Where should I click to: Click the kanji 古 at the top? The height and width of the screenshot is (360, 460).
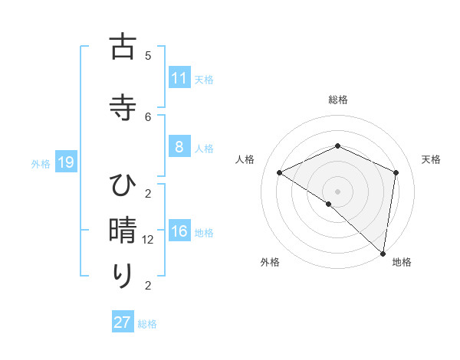tap(123, 47)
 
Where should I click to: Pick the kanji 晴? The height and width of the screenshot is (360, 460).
tap(123, 231)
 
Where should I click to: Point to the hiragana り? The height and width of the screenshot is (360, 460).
tap(123, 276)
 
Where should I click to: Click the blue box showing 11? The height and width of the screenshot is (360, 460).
tap(179, 77)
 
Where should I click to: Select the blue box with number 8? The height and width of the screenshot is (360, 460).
tap(179, 148)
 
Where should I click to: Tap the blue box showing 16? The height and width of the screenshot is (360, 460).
tap(179, 232)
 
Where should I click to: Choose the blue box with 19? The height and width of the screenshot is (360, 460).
tap(65, 162)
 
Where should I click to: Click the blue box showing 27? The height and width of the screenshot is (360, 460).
tap(122, 322)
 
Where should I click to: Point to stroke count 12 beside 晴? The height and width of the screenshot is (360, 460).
tap(149, 240)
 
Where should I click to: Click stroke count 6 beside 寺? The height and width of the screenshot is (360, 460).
tap(149, 116)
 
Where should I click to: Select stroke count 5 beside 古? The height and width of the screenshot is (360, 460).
tap(149, 55)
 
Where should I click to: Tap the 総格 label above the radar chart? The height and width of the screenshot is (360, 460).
tap(337, 100)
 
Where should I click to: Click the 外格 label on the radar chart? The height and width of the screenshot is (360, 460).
tap(270, 262)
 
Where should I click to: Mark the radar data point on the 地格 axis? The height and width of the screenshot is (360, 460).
tap(383, 253)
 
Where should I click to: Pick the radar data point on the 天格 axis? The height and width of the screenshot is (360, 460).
tap(396, 172)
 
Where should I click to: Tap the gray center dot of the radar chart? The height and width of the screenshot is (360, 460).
tap(337, 191)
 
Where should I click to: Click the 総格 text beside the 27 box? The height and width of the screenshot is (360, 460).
tap(147, 324)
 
